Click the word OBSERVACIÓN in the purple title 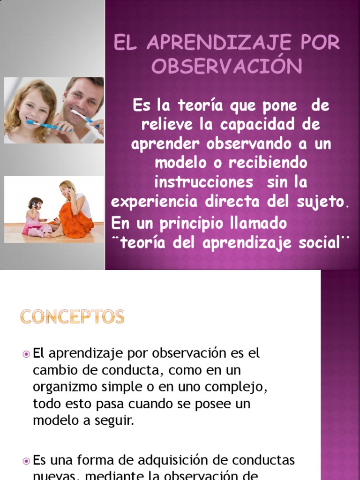[x=226, y=67]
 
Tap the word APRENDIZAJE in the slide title [x=214, y=43]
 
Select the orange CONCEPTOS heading [x=72, y=317]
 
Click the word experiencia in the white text [x=154, y=202]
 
